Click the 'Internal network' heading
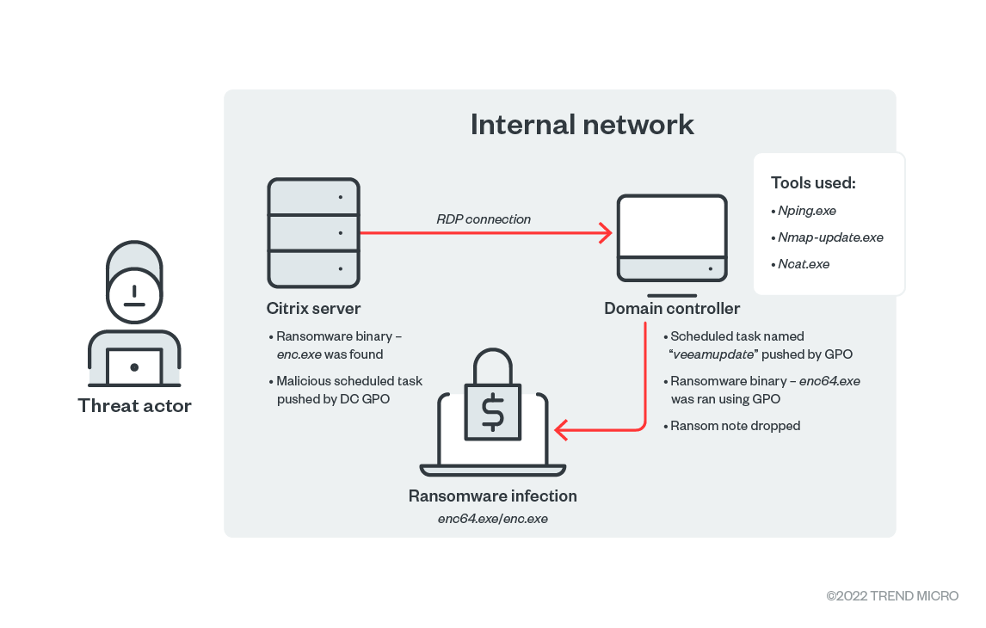click(582, 124)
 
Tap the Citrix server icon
click(313, 232)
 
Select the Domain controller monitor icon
click(671, 237)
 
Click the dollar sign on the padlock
click(492, 414)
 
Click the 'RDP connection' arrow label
click(484, 219)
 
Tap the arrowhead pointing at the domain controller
click(605, 232)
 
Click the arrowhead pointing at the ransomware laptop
click(562, 428)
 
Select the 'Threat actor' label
click(134, 405)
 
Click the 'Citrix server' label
click(313, 308)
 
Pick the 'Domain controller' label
click(671, 308)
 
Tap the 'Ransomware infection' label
click(492, 496)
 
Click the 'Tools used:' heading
click(813, 182)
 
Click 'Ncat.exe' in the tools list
click(804, 264)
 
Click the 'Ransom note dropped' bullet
click(736, 426)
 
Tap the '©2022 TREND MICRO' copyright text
click(892, 596)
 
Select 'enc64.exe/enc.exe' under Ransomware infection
click(492, 519)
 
